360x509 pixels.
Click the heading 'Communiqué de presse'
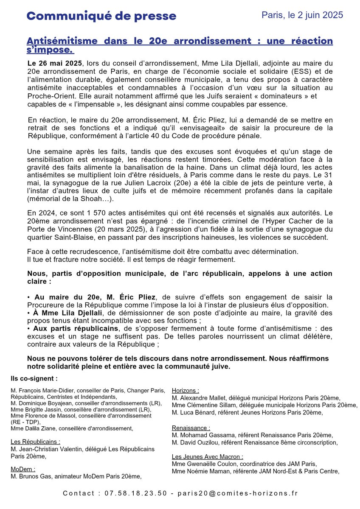point(101,16)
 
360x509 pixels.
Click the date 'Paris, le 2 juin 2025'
point(302,15)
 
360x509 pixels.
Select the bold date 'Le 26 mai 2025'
point(53,62)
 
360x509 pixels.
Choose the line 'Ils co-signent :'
point(34,378)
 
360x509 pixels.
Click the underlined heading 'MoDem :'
point(23,469)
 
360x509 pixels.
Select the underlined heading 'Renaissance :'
point(191,428)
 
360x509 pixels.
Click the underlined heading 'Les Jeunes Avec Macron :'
point(208,456)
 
